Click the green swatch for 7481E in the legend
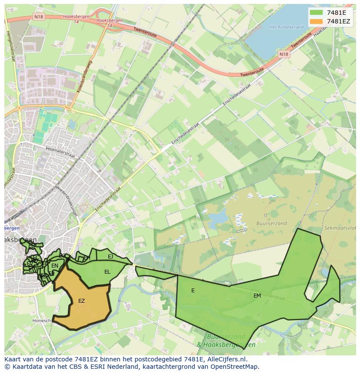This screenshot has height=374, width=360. [316, 13]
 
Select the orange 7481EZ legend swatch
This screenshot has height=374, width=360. [316, 21]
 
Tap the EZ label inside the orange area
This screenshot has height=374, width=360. [81, 301]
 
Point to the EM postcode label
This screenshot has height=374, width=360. [257, 296]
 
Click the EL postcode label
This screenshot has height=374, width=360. [107, 272]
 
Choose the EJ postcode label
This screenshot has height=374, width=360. [110, 257]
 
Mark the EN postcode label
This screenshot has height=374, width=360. [54, 266]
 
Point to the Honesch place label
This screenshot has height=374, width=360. [42, 321]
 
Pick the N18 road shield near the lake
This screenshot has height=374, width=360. [283, 54]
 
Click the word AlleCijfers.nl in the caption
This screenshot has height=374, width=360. [226, 359]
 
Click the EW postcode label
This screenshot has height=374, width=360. [32, 270]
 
